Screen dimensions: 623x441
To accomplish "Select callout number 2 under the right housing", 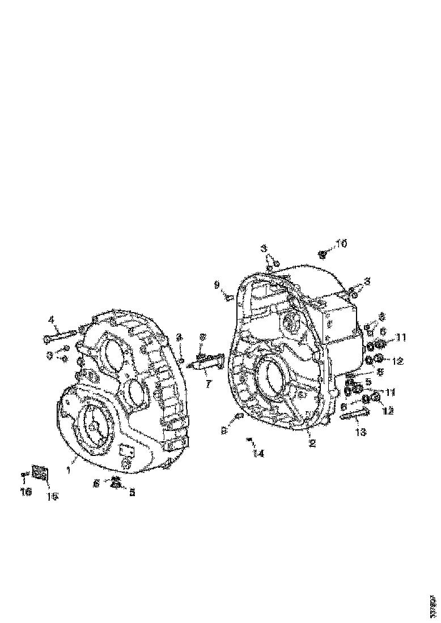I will click(311, 443).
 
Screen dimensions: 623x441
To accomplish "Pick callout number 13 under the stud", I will click(361, 432).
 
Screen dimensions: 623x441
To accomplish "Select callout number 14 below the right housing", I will click(258, 453).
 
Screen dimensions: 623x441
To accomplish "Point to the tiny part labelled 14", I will click(248, 439).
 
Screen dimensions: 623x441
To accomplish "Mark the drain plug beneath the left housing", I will click(116, 483).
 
